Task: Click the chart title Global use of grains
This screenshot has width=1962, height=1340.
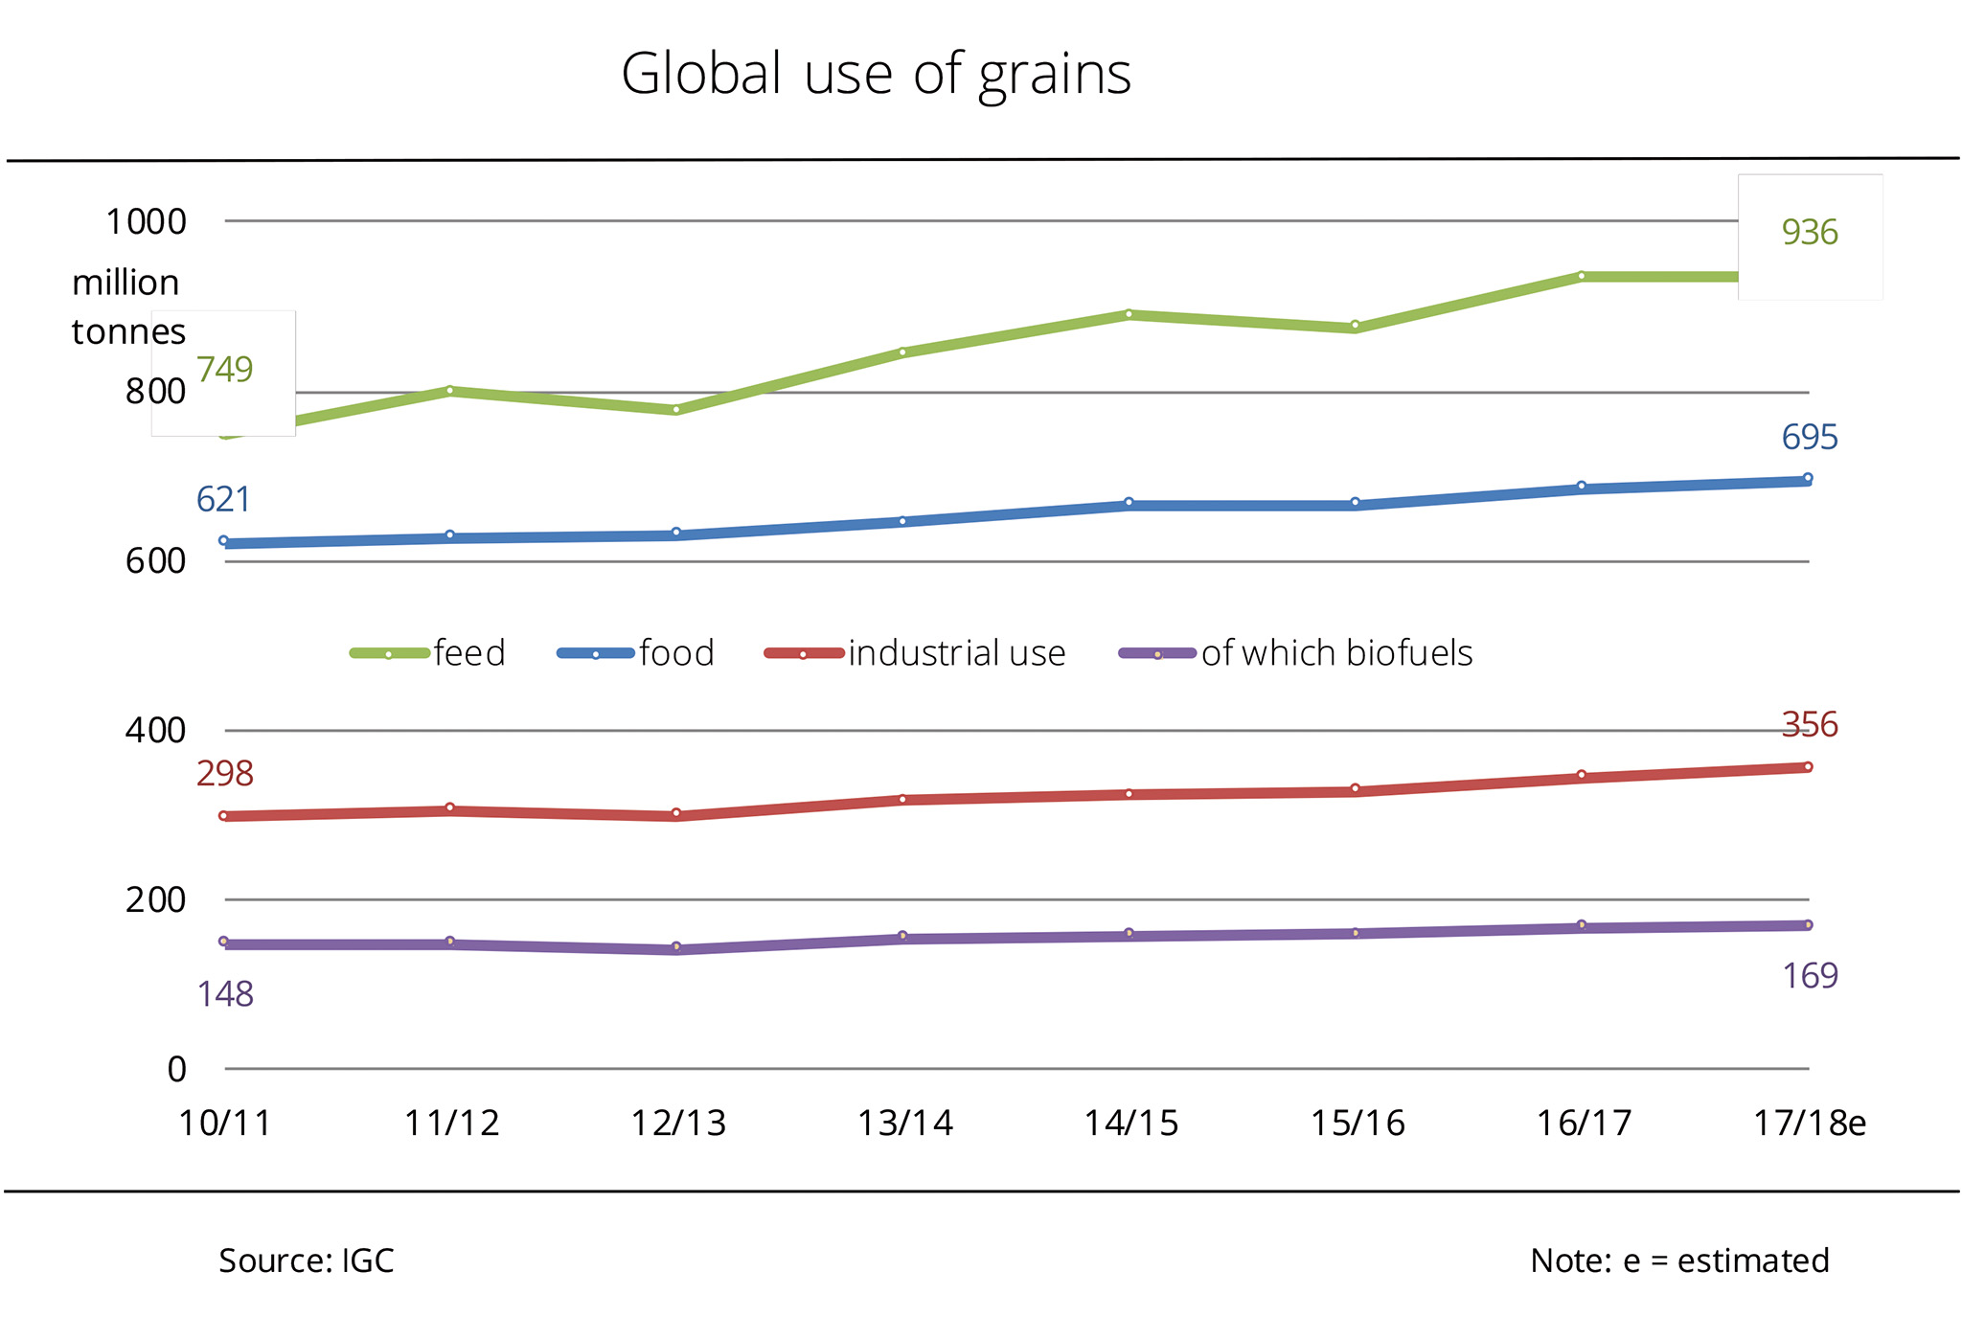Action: coord(876,74)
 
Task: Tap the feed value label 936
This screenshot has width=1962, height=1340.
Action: coord(1809,233)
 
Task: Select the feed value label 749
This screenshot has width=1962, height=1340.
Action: coord(225,370)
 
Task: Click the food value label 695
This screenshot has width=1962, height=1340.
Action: coord(1809,438)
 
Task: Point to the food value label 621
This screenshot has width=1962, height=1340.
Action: coord(223,500)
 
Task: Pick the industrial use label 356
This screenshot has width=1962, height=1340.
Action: coord(1809,725)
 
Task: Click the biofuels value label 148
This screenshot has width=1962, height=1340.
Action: coord(225,995)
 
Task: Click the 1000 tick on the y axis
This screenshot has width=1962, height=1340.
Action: coord(146,222)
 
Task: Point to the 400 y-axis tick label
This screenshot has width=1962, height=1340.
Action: coord(155,731)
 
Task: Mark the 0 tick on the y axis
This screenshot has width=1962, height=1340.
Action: coord(176,1069)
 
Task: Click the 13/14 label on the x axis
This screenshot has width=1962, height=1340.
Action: coord(904,1124)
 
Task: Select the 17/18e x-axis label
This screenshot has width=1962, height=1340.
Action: coord(1809,1124)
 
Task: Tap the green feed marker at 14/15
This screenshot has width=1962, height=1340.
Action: coord(1129,314)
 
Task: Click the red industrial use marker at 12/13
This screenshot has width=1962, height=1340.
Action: coord(676,813)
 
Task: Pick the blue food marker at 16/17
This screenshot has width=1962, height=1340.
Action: coord(1582,487)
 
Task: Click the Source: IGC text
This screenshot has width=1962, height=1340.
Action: coord(307,1261)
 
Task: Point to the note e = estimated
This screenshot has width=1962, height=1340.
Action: coord(1679,1261)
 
